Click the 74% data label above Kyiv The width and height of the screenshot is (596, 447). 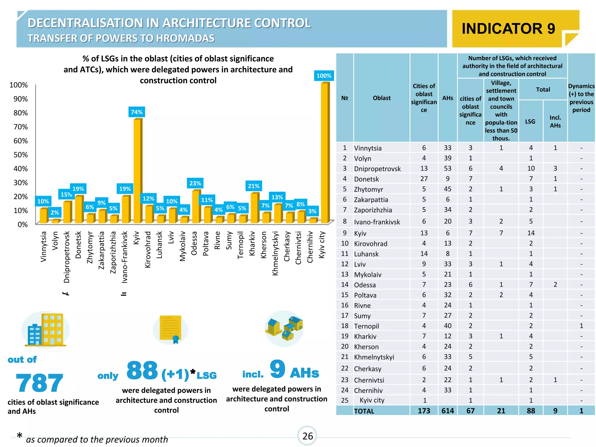tap(136, 112)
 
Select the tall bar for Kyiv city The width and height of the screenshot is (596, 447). tap(325, 153)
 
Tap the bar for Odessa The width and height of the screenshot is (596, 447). tap(196, 207)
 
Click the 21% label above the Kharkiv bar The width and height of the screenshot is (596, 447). tap(253, 186)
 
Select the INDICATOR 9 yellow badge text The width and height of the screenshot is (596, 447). tap(508, 29)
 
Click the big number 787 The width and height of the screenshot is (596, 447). tap(39, 383)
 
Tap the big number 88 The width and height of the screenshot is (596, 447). tap(142, 370)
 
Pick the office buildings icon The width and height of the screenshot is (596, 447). tap(45, 330)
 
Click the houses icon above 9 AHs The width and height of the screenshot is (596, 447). tap(284, 328)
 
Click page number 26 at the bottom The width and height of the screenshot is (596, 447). tap(307, 436)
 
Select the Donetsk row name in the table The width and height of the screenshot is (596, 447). tap(366, 179)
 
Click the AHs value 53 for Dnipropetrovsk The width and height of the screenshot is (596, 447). tap(447, 168)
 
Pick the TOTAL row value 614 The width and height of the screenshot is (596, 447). tap(447, 411)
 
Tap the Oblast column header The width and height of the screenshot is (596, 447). tap(382, 98)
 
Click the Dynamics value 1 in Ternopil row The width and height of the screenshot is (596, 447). tap(581, 326)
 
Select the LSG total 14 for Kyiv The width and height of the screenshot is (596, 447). tap(531, 233)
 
